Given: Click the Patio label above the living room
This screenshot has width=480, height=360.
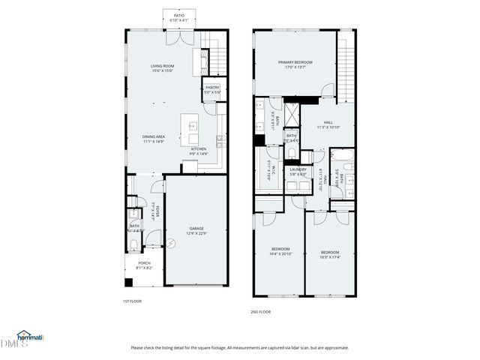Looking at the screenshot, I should pos(179,15).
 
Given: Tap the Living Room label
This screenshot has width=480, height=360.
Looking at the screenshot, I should pos(162,67).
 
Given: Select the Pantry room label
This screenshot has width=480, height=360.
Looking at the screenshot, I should pos(211,88).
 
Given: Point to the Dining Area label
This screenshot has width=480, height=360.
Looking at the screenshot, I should pos(154,136).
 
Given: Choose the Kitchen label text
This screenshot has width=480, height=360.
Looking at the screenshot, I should pos(198,148).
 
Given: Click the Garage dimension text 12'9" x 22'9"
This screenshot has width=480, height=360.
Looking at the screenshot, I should pos(196,233).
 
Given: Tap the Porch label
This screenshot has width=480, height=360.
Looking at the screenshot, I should pos(143,262).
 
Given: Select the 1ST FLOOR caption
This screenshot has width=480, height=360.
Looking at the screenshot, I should pos(132,301).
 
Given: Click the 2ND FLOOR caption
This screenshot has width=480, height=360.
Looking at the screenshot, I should pos(261,311).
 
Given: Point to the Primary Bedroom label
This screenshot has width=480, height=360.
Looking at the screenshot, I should pos(295,62).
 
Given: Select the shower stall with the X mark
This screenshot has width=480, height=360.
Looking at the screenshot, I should pos(290,115).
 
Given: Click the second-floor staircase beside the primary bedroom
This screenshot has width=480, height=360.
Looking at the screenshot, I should pos(345,67).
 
